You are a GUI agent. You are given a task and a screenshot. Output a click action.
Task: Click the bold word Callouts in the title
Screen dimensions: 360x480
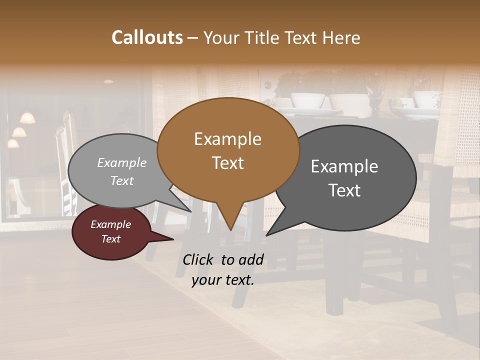(x=147, y=37)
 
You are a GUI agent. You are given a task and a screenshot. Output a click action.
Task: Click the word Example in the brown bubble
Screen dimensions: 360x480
(x=227, y=139)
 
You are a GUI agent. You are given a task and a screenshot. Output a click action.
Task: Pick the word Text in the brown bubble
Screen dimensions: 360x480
(x=227, y=162)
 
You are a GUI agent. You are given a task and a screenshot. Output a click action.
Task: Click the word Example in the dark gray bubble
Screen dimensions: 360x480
(x=344, y=166)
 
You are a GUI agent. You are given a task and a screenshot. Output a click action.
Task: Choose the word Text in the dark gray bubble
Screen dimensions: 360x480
(x=344, y=190)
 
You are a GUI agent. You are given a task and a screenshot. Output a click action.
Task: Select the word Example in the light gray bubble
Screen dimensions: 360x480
(x=122, y=163)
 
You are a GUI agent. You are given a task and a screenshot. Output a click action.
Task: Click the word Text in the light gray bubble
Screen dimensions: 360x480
(x=122, y=180)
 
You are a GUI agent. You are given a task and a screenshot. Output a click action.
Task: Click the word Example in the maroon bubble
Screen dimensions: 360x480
(x=111, y=224)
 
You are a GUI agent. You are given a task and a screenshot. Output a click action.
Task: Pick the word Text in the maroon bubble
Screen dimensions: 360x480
(x=111, y=239)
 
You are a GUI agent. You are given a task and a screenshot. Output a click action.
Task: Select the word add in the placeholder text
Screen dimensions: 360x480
(x=251, y=259)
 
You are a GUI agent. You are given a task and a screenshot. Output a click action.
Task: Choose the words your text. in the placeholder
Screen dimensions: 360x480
(x=223, y=280)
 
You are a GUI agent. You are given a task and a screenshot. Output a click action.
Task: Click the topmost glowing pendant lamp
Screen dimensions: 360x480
(x=27, y=118)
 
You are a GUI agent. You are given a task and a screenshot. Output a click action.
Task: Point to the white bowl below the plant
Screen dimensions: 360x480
(x=307, y=100)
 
